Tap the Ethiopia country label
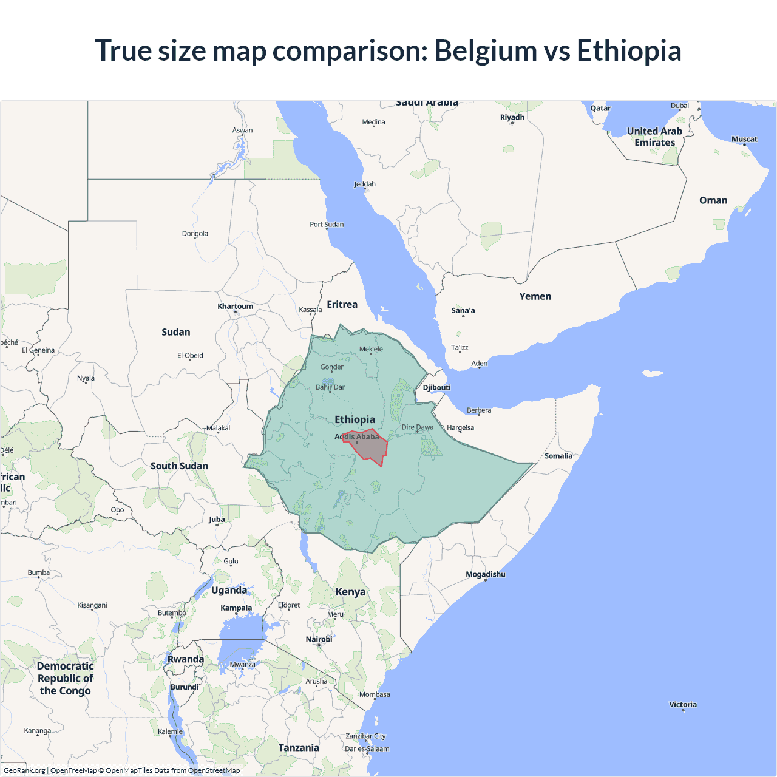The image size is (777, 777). coord(355,419)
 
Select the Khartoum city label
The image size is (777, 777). coord(236,306)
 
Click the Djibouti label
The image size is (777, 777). coord(436,387)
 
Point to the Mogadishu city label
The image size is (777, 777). coord(485,574)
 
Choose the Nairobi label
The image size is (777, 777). coord(319,639)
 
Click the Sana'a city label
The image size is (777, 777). coord(463,310)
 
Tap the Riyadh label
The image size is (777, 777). coord(512,117)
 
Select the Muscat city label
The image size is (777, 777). coord(744,139)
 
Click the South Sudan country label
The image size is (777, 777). coord(179,466)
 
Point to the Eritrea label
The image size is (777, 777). coord(342,304)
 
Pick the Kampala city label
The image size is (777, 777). coord(236,608)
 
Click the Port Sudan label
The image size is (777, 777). coord(327,224)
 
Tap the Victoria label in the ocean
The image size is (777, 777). coord(683,704)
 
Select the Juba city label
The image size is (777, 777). coord(217,519)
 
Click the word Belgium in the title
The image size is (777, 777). coord(486,50)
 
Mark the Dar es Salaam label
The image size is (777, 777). coord(367,748)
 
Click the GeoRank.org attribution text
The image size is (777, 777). coord(24,770)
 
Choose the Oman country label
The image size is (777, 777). coord(713,200)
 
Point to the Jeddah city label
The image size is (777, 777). coord(365,184)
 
